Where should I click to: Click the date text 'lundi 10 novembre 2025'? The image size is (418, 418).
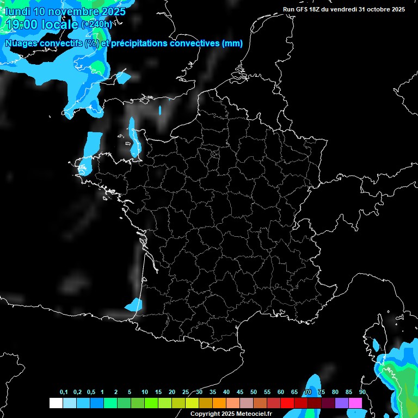(65, 11)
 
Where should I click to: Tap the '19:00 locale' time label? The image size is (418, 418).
(42, 24)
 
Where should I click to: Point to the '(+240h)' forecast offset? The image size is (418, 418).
(96, 24)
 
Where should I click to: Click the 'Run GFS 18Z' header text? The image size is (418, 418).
(303, 9)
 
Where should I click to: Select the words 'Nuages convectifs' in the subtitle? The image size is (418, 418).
(44, 44)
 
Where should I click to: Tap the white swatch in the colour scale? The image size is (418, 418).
(56, 403)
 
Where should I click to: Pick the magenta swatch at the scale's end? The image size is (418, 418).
(355, 403)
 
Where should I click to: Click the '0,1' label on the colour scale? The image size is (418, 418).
(64, 392)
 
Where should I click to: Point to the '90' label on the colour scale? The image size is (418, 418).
(362, 392)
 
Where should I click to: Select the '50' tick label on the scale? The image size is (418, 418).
(254, 392)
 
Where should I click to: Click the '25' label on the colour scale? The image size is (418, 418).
(186, 392)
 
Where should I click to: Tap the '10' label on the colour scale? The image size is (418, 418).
(145, 392)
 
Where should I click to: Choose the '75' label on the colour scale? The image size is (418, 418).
(322, 392)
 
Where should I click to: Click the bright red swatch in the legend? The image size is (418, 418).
(287, 403)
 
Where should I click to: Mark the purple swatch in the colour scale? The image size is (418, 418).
(341, 403)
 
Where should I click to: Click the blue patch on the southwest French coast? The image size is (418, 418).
(134, 304)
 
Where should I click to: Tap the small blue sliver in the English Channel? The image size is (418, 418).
(160, 110)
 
